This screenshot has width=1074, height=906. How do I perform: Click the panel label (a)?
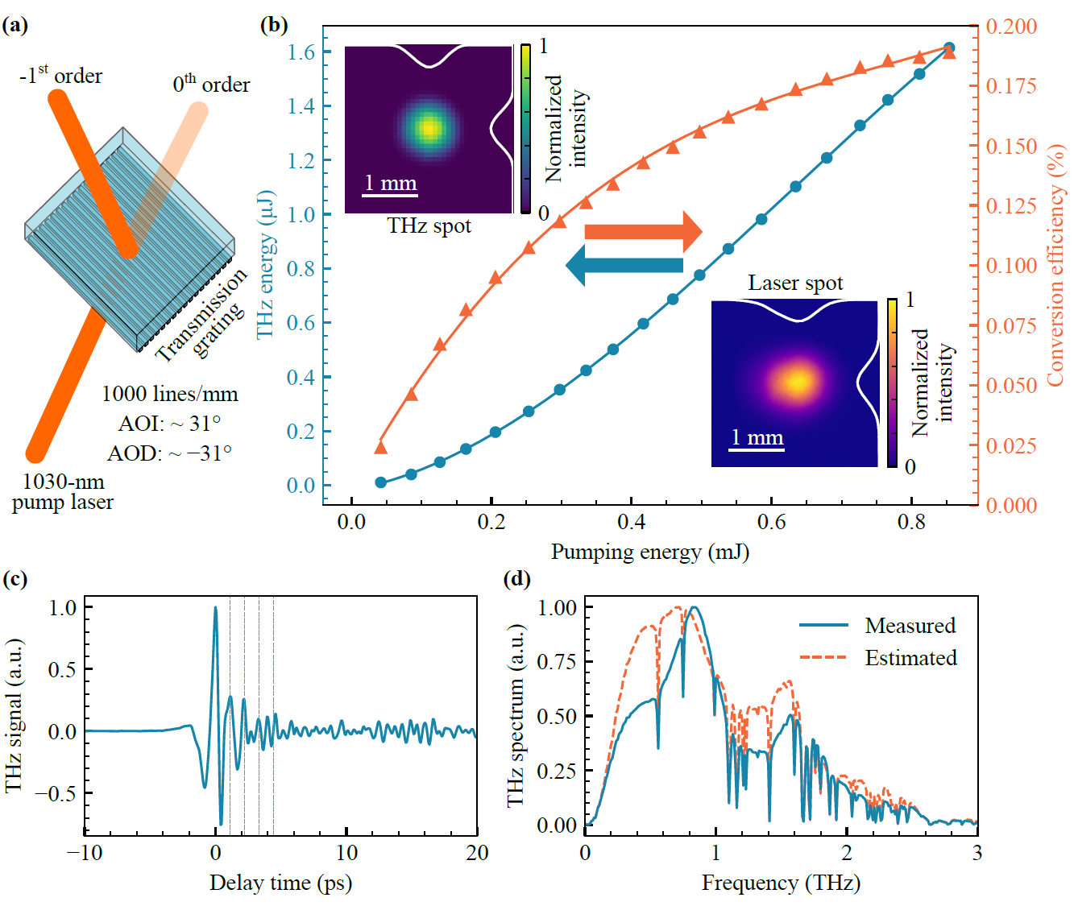pyautogui.click(x=15, y=25)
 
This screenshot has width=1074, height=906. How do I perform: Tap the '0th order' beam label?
pyautogui.click(x=211, y=84)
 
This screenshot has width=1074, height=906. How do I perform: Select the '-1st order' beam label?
pyautogui.click(x=60, y=75)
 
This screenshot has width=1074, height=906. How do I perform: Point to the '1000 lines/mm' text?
pyautogui.click(x=169, y=394)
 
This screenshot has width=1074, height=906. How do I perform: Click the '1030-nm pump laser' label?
pyautogui.click(x=63, y=491)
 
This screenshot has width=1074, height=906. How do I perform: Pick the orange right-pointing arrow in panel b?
pyautogui.click(x=643, y=232)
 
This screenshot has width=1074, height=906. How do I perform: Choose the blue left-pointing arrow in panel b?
pyautogui.click(x=624, y=265)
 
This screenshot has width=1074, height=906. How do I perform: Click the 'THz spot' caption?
pyautogui.click(x=429, y=225)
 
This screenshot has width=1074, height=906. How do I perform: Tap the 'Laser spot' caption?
pyautogui.click(x=795, y=283)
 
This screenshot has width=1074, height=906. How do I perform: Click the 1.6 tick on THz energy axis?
pyautogui.click(x=301, y=52)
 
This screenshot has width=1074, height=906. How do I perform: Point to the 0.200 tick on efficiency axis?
pyautogui.click(x=1011, y=26)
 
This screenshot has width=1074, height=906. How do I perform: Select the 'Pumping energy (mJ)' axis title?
pyautogui.click(x=649, y=552)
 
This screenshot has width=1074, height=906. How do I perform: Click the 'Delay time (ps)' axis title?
pyautogui.click(x=280, y=883)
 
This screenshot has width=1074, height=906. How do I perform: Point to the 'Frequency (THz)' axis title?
pyautogui.click(x=781, y=883)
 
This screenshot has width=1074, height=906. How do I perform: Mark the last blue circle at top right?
pyautogui.click(x=949, y=48)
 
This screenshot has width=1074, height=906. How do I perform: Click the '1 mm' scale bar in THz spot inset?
pyautogui.click(x=391, y=184)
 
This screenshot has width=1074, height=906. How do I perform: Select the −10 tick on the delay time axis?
pyautogui.click(x=85, y=852)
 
